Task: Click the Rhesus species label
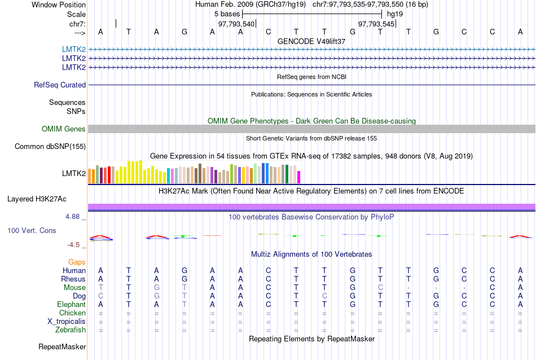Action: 73,279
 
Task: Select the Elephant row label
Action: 71,305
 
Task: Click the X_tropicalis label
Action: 67,322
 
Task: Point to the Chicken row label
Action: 72,313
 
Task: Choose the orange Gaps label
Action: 77,262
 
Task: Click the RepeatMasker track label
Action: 62,346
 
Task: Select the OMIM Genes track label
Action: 64,129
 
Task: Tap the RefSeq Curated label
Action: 60,85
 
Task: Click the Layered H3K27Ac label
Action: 37,199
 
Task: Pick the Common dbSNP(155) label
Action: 50,147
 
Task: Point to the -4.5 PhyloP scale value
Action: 76,245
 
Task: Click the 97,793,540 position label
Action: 236,24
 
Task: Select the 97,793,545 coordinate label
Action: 376,24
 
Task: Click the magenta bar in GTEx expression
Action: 299,177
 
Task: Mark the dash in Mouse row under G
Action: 436,288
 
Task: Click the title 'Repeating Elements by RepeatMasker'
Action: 311,339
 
